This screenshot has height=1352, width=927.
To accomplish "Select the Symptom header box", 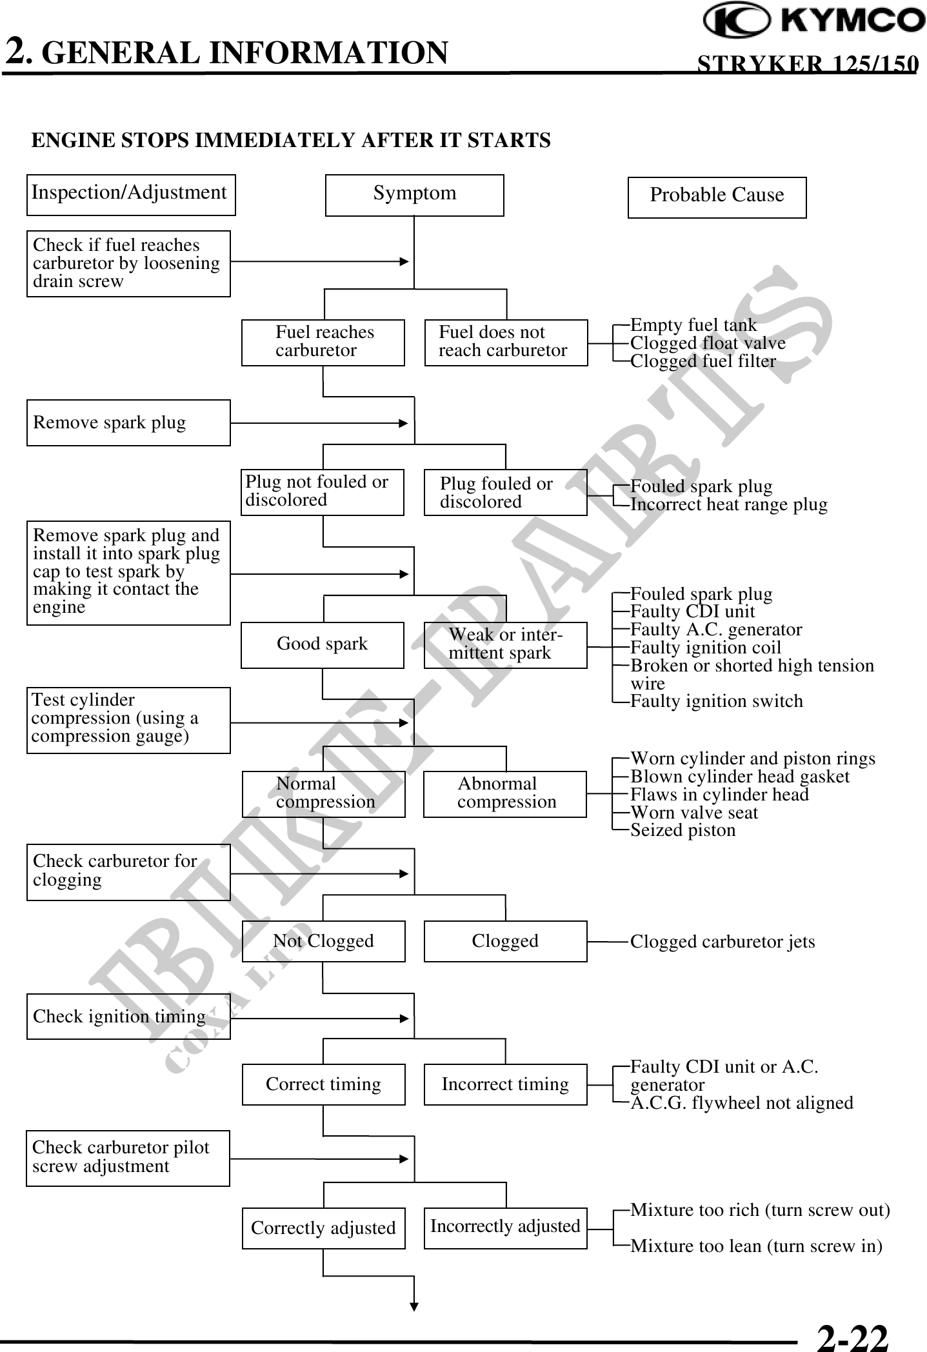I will tap(414, 195).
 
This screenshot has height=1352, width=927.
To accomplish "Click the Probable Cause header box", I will tap(717, 197).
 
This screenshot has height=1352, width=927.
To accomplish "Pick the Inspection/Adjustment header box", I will tap(131, 194).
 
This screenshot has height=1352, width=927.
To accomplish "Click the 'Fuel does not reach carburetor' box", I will tap(506, 343).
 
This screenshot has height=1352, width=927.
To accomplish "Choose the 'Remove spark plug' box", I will tap(128, 422).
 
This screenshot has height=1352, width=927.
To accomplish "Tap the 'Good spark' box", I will tap(322, 644).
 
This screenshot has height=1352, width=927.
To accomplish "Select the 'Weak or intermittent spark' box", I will tap(506, 644).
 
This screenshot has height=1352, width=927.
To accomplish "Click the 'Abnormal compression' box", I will tap(505, 793).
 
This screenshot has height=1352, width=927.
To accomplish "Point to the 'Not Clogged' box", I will tap(323, 941).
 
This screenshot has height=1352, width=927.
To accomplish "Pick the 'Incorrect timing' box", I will tap(505, 1084).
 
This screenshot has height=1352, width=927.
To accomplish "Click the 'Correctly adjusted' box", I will tap(323, 1228).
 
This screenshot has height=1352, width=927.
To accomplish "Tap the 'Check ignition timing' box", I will tap(128, 1017).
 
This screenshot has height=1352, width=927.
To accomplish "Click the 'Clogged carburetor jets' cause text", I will tap(722, 942).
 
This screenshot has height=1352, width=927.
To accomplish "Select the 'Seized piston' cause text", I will tap(683, 830).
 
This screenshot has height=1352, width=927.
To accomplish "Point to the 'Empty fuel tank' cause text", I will tap(693, 324).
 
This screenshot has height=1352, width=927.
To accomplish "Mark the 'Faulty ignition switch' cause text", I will tap(716, 701).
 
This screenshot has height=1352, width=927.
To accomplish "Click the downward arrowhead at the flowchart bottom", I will tap(414, 1306).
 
